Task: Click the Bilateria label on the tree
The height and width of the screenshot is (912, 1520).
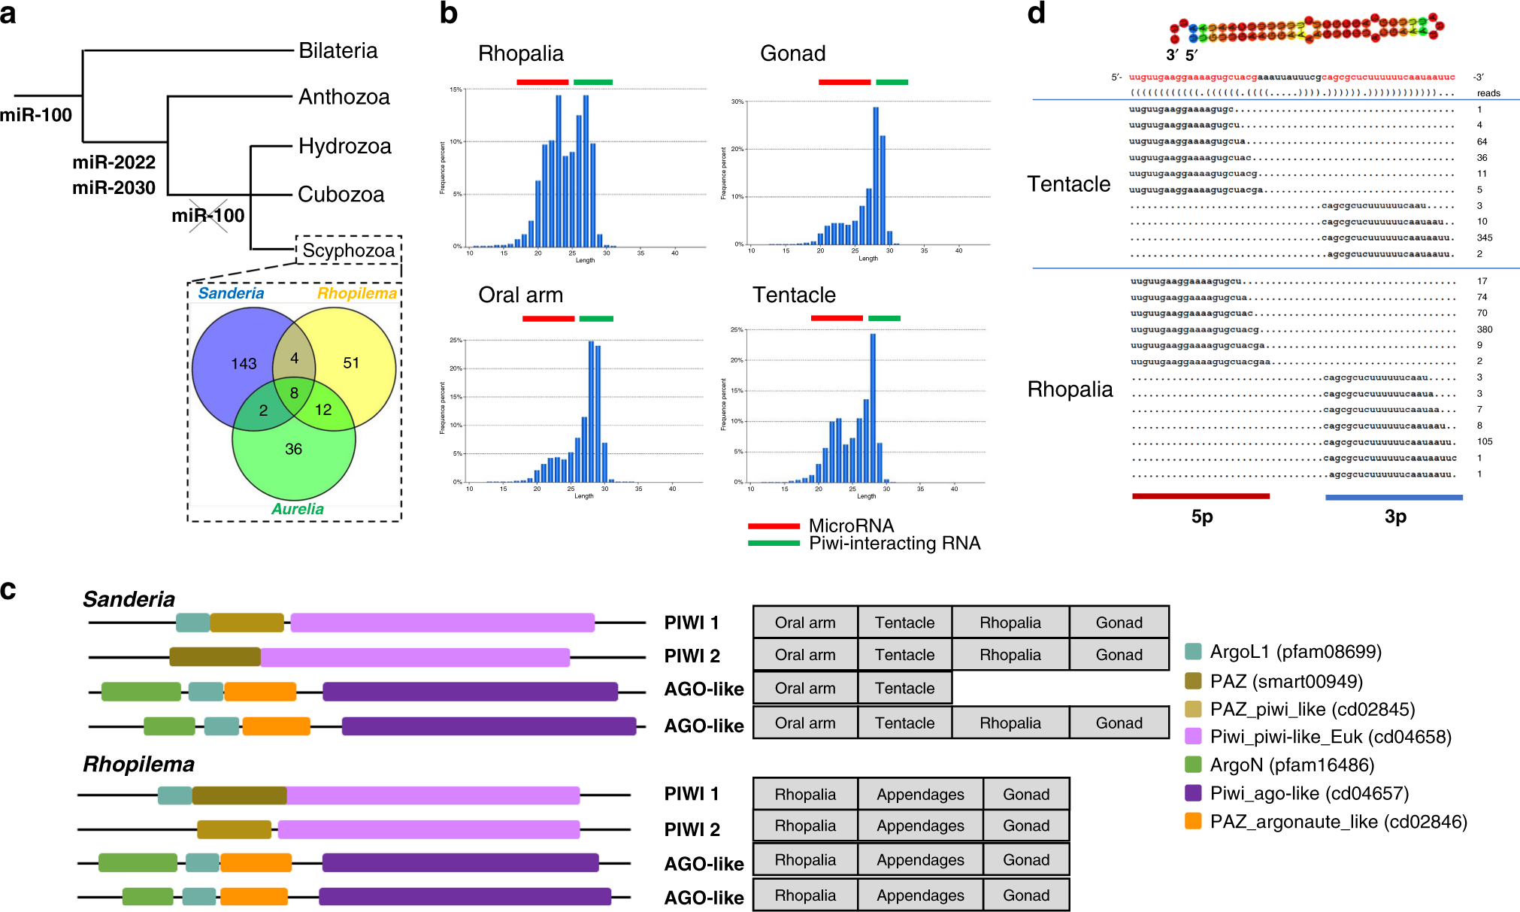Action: (338, 50)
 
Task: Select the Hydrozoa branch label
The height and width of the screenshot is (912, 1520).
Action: (344, 146)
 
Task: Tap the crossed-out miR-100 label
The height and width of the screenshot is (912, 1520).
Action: (208, 216)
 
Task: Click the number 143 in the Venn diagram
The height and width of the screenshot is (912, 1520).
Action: (244, 364)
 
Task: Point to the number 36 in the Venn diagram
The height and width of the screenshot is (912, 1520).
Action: (293, 449)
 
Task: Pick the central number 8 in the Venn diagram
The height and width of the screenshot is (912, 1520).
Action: (294, 392)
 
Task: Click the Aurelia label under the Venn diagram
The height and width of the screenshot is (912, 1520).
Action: (298, 509)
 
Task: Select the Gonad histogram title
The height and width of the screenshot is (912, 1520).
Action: (792, 53)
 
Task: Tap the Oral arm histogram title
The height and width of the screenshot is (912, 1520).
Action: (520, 295)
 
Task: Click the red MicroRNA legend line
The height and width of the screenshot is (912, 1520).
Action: (774, 526)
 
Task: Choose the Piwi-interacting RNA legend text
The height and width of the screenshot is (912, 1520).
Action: (894, 544)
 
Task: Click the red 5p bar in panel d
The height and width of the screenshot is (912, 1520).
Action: (1201, 496)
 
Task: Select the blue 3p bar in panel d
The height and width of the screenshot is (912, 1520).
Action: (1394, 497)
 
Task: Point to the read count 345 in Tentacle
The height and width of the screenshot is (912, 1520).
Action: (1484, 238)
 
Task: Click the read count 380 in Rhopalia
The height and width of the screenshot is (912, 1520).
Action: (1484, 329)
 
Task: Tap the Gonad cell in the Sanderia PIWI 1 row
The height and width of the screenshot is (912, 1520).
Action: (1119, 623)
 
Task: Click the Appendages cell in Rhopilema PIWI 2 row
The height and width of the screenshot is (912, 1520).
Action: (920, 826)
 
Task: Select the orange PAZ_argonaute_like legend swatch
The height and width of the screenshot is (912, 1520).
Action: (1192, 821)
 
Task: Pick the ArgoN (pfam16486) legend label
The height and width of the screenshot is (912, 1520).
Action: (1291, 765)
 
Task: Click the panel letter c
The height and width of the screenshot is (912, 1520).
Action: (8, 590)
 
